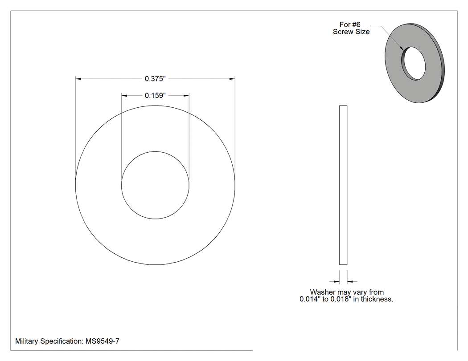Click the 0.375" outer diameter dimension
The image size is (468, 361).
pos(155,79)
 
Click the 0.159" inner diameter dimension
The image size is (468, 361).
pos(155,95)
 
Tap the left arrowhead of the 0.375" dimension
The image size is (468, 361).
pos(78,79)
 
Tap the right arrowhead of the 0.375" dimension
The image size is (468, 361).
pos(232,79)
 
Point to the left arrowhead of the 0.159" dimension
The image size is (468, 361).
pos(124,95)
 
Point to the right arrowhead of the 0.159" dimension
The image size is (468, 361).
pos(186,95)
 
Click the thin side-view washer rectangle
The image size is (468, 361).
pos(343,185)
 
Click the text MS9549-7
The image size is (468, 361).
pos(103,341)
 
